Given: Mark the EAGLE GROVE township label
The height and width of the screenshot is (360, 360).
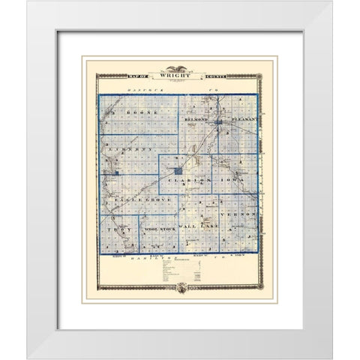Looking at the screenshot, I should click(x=141, y=202).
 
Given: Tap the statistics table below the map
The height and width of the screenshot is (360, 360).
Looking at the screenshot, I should click(x=180, y=269).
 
